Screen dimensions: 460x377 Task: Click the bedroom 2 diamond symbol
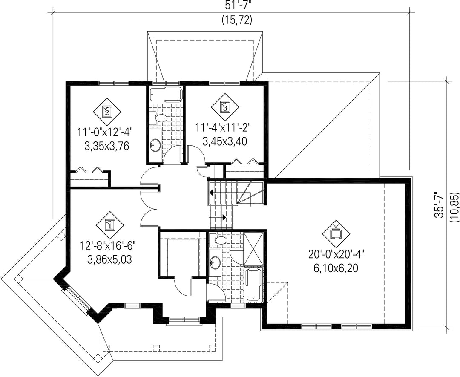[107, 112]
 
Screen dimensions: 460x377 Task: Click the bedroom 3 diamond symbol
[225, 107]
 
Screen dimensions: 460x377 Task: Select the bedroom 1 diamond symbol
[110, 225]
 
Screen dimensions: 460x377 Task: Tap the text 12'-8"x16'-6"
[109, 245]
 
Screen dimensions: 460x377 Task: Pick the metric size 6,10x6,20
[336, 268]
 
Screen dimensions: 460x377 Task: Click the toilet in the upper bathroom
[158, 118]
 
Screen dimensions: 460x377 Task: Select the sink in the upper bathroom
[155, 144]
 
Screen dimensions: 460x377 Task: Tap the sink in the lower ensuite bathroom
[215, 262]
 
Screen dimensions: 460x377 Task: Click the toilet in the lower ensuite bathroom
[218, 240]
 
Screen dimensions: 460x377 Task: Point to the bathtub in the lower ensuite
[253, 284]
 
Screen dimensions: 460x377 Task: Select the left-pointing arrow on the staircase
[211, 193]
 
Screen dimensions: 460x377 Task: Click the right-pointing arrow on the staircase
[224, 217]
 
